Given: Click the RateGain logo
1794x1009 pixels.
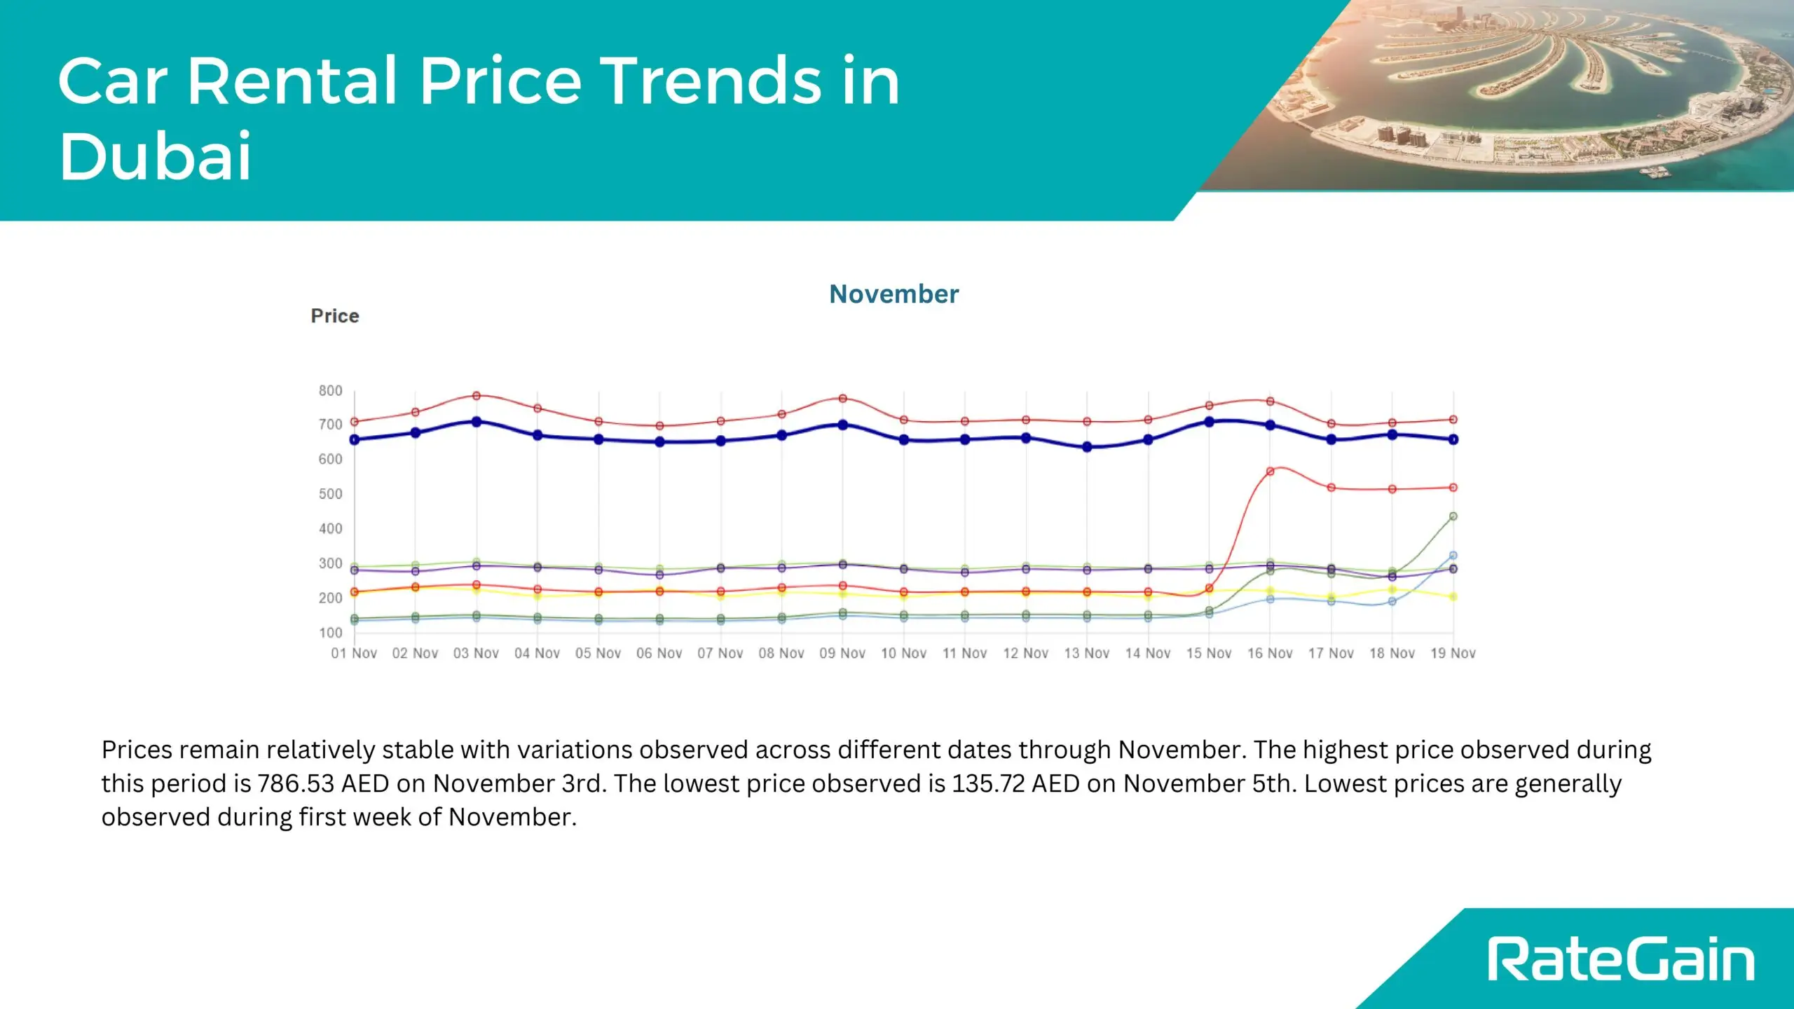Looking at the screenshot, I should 1620,959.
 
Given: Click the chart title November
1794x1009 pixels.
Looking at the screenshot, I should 893,294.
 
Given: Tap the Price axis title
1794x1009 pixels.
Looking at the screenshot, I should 335,316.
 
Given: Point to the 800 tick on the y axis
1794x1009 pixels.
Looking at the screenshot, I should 330,391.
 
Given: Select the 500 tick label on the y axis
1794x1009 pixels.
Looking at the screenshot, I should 330,494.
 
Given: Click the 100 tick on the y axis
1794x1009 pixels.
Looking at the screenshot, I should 330,633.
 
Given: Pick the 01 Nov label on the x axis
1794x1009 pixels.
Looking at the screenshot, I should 354,653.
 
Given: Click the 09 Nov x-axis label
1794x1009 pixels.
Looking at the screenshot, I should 842,653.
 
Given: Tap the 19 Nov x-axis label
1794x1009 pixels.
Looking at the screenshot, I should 1453,653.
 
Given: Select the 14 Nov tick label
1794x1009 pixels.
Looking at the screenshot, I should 1148,653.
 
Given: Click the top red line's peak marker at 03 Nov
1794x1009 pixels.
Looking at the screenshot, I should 477,396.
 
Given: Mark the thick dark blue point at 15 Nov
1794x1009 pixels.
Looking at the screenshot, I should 1209,422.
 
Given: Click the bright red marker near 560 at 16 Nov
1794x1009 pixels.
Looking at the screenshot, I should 1270,472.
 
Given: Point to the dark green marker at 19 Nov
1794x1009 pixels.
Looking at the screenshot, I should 1453,516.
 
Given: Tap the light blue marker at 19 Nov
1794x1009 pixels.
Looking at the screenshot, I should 1453,556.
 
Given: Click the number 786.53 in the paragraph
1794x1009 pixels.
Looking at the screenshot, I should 296,783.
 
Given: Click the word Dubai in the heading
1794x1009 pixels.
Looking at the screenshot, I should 155,156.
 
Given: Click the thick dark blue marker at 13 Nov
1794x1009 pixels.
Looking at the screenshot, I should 1087,447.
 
